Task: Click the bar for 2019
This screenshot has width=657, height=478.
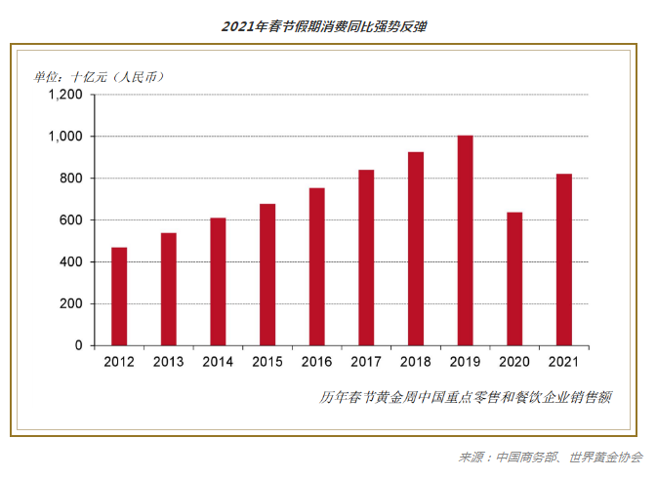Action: click(466, 241)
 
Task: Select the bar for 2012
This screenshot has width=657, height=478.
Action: click(119, 297)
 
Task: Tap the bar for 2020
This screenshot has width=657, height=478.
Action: click(514, 279)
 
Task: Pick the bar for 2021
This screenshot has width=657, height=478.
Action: click(564, 259)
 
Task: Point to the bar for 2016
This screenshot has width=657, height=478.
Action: click(317, 266)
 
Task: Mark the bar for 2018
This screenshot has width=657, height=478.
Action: click(416, 249)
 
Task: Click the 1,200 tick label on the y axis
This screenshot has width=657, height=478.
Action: click(66, 96)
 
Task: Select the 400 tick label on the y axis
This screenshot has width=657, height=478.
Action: click(72, 262)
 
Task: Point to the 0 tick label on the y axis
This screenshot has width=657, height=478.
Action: click(80, 346)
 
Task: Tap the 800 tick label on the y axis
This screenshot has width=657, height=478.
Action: click(72, 179)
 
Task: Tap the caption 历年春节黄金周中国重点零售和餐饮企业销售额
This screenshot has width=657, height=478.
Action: click(466, 397)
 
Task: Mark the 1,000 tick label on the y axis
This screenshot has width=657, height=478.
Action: click(66, 138)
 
